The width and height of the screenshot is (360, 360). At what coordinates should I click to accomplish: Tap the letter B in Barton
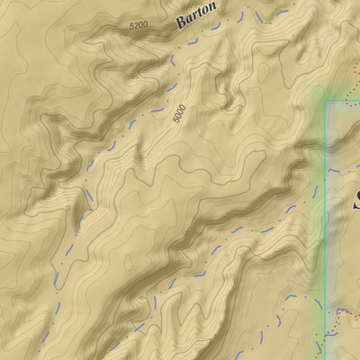[181, 25]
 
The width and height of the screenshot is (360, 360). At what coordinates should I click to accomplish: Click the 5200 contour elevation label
[139, 25]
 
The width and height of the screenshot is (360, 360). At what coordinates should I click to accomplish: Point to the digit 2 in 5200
[136, 25]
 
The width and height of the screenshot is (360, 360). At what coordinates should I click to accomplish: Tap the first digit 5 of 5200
[131, 26]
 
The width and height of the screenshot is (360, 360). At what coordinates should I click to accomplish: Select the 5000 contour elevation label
[180, 115]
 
